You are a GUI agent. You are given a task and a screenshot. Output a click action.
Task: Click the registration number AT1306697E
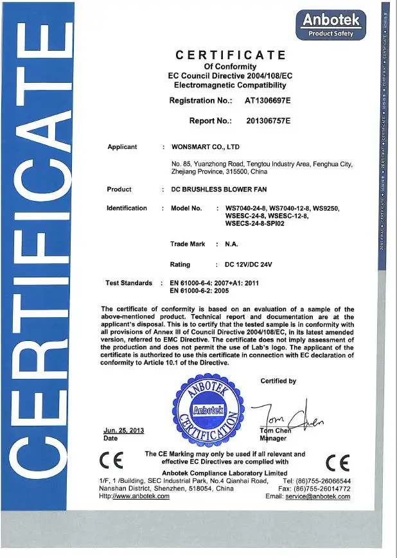coord(268,101)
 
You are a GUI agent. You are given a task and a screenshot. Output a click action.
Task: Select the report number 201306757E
coord(269,120)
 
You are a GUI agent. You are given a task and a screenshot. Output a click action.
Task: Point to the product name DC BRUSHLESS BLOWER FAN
coord(218,189)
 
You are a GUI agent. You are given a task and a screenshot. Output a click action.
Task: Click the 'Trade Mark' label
coord(188,244)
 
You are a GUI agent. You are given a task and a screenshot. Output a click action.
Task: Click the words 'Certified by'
coord(278,381)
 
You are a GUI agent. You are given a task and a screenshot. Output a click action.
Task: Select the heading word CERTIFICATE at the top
coord(230,55)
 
